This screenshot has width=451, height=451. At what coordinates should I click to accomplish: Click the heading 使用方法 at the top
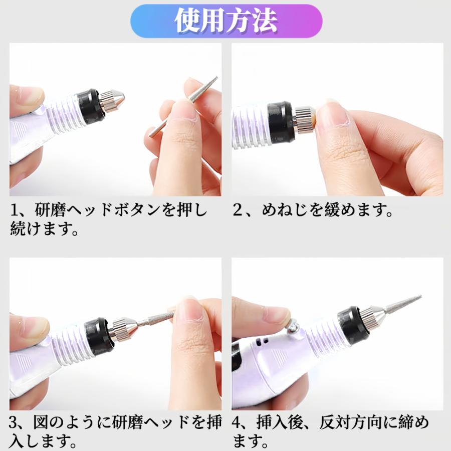(225, 21)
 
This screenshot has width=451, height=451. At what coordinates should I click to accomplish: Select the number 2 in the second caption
(238, 210)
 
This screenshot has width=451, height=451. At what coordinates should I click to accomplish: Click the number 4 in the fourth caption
(238, 424)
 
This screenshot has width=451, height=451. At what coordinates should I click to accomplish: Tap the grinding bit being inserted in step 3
(155, 320)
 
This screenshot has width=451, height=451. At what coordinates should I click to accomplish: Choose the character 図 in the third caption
(40, 424)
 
